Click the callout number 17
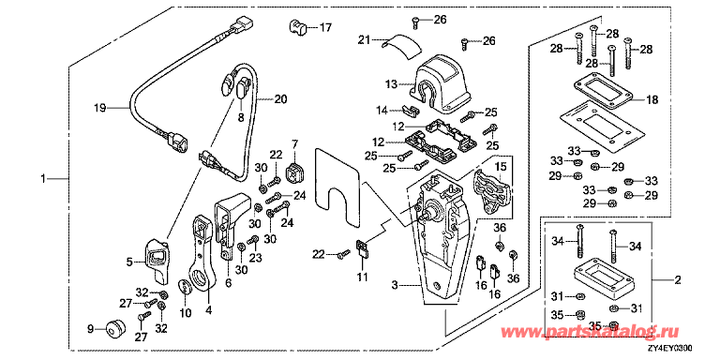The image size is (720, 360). pos(325,28)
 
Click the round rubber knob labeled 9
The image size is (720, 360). pos(117,328)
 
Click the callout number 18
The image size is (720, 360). pos(652,99)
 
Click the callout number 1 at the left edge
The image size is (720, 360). pos(44,177)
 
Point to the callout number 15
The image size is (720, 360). pos(500,166)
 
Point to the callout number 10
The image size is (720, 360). pos(185,312)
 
